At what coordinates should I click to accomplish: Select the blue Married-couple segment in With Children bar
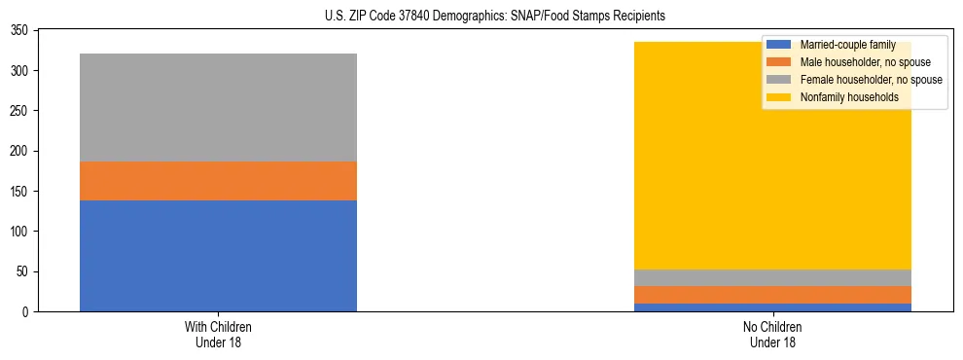coord(218,256)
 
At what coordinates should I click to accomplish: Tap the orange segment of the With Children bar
coord(218,181)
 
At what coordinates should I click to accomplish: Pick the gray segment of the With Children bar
coord(218,107)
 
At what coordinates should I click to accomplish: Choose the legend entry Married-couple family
coord(845,45)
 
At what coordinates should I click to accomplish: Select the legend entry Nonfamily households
coord(847,97)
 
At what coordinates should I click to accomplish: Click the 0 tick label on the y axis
coord(31,311)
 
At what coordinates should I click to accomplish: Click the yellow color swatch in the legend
coord(779,97)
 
